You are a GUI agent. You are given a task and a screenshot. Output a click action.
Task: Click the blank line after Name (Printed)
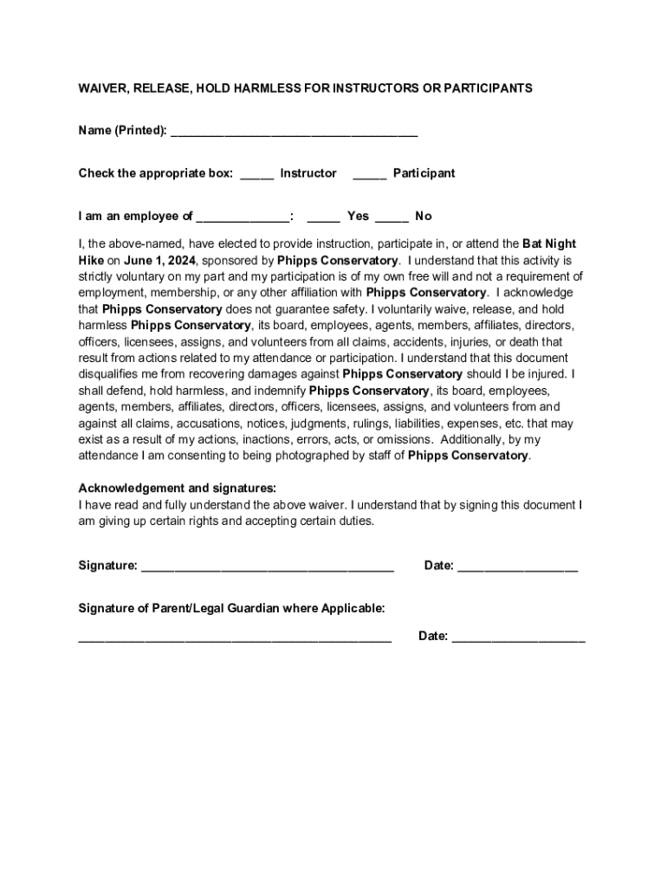pos(295,133)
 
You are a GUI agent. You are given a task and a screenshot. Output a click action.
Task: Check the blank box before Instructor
pos(257,175)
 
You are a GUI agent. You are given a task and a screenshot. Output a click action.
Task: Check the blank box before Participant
pos(370,175)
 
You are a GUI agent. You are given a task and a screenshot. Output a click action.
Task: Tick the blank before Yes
pos(324,217)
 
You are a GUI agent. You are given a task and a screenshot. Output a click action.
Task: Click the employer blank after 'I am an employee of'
pos(243,217)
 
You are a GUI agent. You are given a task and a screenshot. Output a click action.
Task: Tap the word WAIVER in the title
pos(103,88)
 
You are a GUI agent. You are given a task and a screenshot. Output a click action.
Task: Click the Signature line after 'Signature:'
pos(268,567)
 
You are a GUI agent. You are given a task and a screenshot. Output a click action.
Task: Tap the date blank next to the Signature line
pos(517,567)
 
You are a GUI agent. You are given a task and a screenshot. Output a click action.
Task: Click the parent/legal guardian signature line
pos(235,638)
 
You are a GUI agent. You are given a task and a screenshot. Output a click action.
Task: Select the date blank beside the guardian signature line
pos(518,638)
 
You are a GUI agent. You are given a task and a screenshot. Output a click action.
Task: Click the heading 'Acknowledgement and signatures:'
pos(178,488)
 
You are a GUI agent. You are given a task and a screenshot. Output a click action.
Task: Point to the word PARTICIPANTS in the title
pos(490,88)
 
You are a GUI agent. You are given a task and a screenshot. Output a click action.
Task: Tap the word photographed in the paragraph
pos(323,456)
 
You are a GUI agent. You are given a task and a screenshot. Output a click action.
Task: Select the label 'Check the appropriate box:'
pos(156,173)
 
